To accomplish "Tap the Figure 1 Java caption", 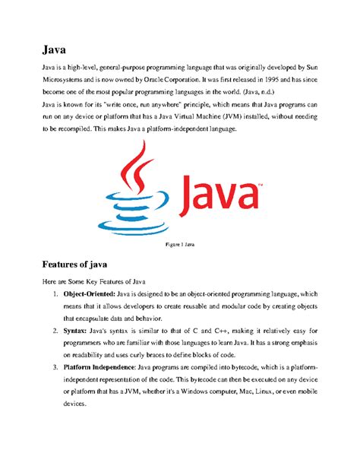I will [x=180, y=246].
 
